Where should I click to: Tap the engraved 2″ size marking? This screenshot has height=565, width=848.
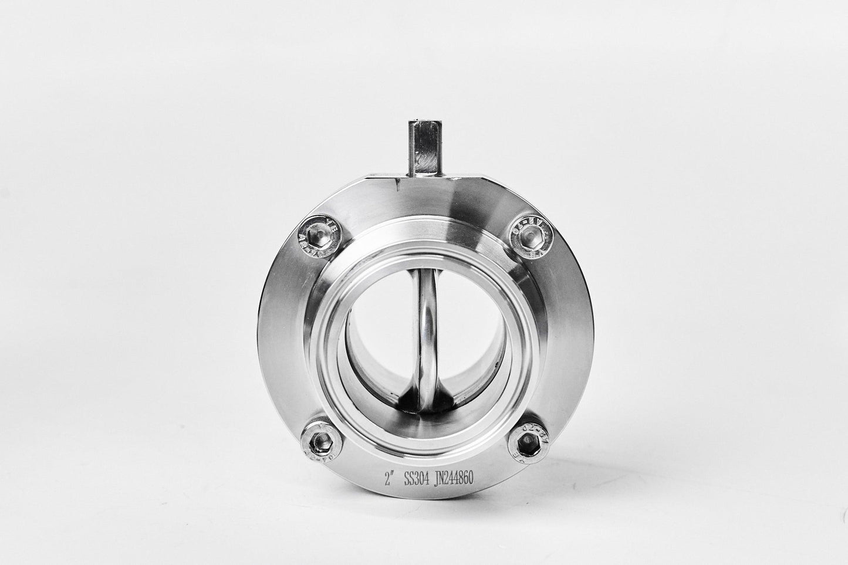coord(388,481)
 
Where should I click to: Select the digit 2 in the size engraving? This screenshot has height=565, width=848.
coord(386,481)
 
